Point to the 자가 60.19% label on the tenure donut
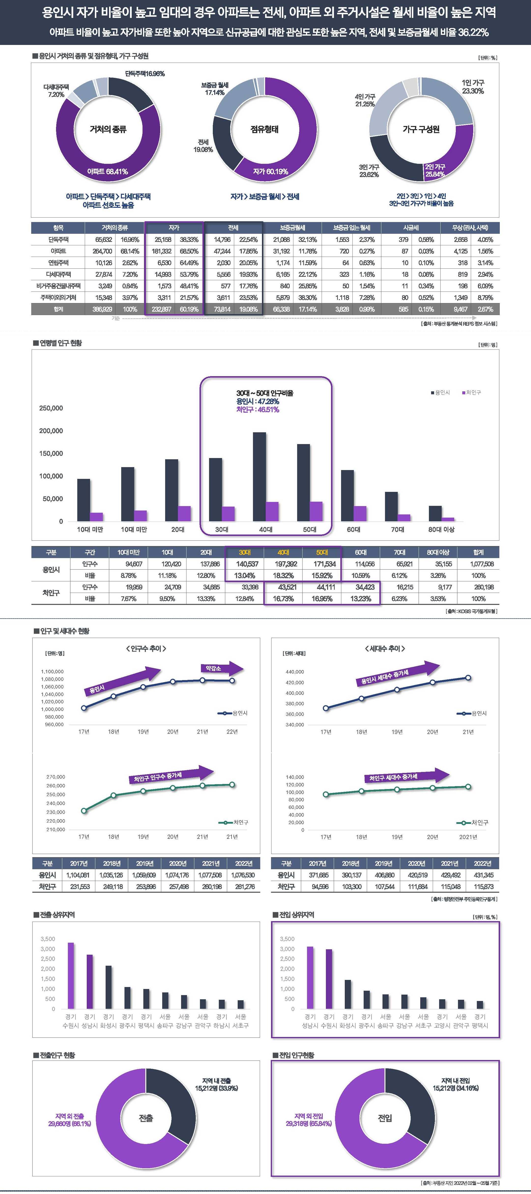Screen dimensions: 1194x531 click(270, 171)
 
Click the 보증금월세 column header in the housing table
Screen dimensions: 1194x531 click(293, 228)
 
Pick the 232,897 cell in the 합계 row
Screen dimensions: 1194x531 click(162, 309)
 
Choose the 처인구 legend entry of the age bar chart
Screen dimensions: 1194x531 click(471, 393)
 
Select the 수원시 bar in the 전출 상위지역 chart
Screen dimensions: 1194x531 click(71, 976)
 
